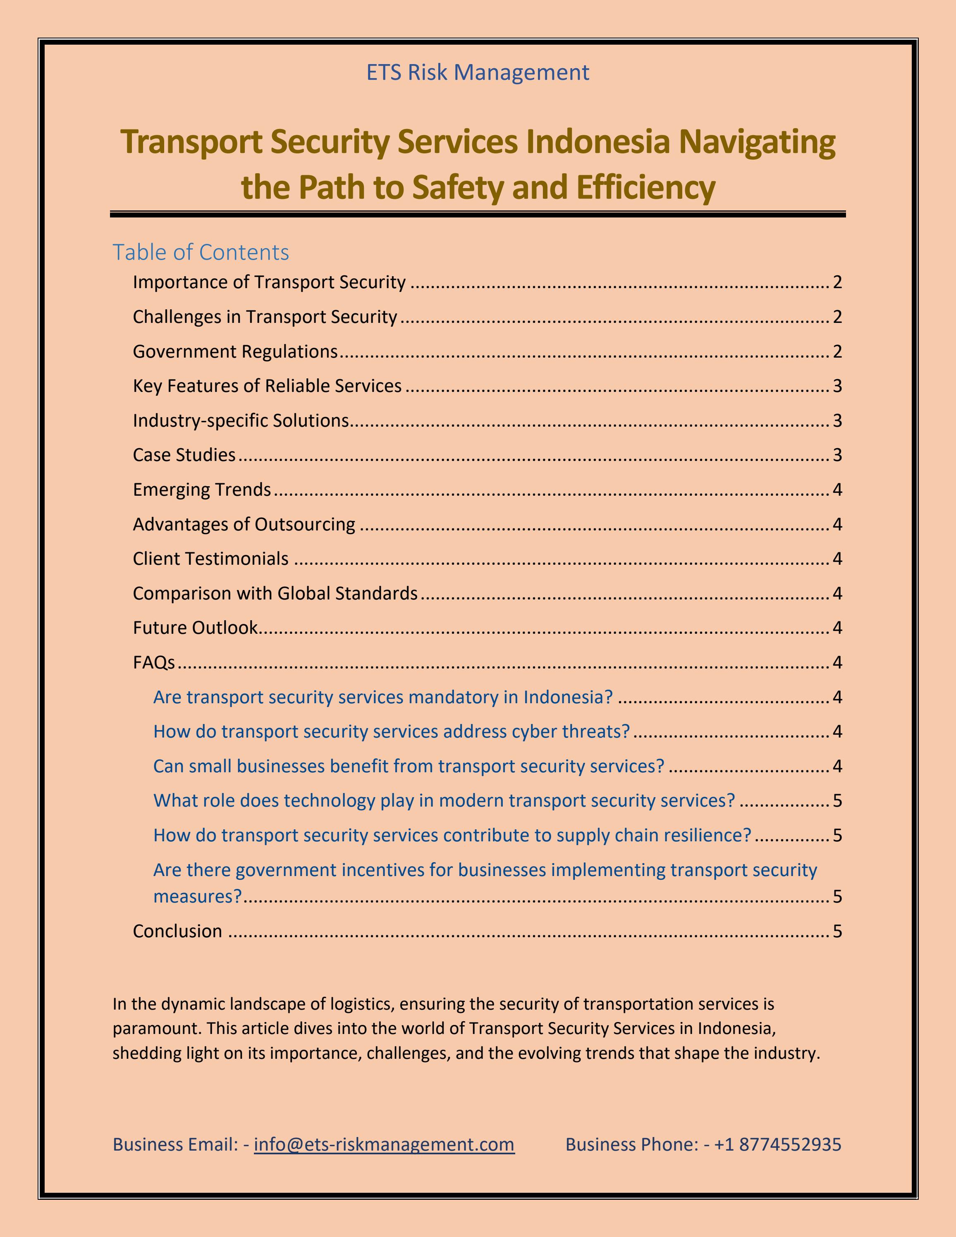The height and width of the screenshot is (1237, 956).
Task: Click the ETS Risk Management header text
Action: pyautogui.click(x=478, y=72)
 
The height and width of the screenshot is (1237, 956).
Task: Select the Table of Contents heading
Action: pyautogui.click(x=201, y=252)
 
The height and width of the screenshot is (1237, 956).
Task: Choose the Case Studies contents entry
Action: pyautogui.click(x=184, y=455)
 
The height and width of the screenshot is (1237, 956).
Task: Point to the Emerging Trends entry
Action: pyautogui.click(x=202, y=490)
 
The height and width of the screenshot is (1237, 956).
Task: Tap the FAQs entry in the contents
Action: pyautogui.click(x=153, y=662)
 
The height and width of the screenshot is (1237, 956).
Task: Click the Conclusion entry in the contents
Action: pyautogui.click(x=177, y=931)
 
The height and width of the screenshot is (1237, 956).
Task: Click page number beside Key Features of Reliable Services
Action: pyautogui.click(x=837, y=386)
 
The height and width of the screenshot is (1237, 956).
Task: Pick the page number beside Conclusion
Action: pyautogui.click(x=837, y=931)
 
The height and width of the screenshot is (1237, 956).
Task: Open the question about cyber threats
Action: pyautogui.click(x=391, y=731)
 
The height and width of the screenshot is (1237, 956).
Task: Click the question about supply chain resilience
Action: pyautogui.click(x=452, y=835)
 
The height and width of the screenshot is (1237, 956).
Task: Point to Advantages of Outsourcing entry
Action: pyautogui.click(x=244, y=524)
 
